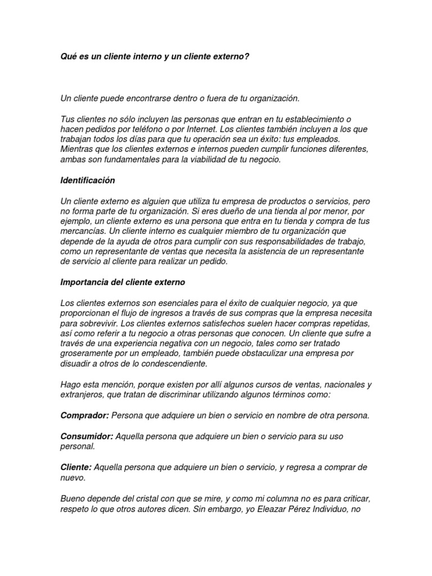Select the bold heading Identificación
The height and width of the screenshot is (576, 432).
(x=87, y=181)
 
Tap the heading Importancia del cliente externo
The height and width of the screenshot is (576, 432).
(x=122, y=282)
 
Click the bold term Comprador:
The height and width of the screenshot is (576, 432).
(x=85, y=415)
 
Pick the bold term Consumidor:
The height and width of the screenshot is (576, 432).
(x=87, y=436)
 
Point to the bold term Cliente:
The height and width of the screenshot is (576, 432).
(x=76, y=467)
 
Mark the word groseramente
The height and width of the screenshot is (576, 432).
(x=88, y=354)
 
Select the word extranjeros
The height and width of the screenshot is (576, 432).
(x=83, y=395)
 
